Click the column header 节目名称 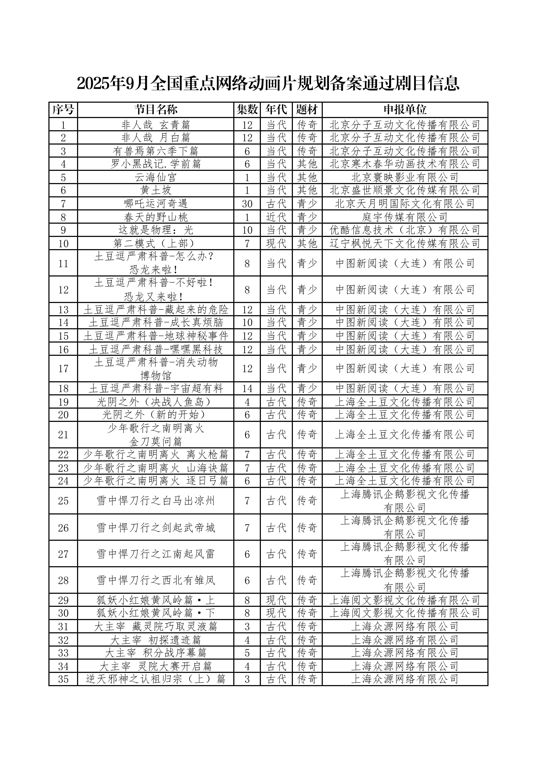(x=156, y=109)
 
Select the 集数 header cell (x=247, y=109)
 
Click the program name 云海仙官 (x=156, y=177)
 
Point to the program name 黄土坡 (x=156, y=190)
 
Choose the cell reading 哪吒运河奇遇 (x=156, y=204)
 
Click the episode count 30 (x=247, y=204)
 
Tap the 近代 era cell (x=276, y=217)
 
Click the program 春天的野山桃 (x=156, y=217)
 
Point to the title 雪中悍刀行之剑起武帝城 (x=156, y=527)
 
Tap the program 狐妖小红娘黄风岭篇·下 (x=156, y=613)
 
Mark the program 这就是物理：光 (x=156, y=230)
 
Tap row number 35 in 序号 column (x=63, y=679)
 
